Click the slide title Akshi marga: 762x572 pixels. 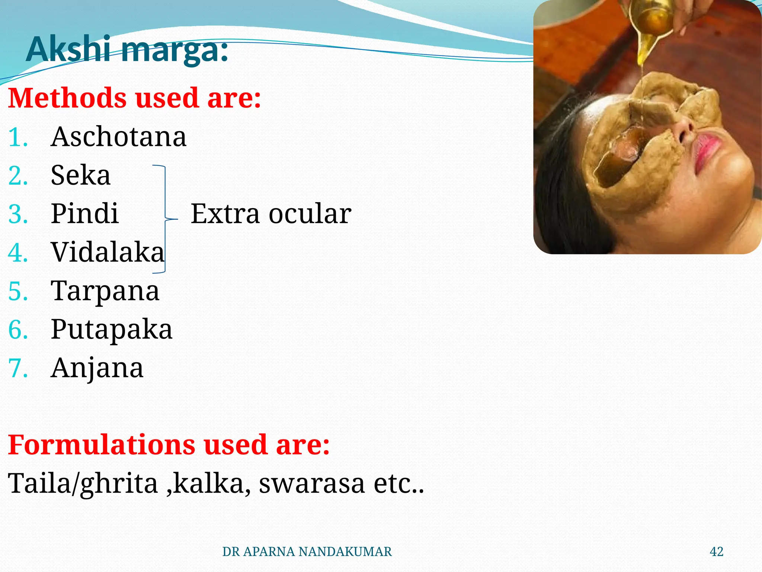coord(127,50)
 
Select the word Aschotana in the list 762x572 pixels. coord(118,137)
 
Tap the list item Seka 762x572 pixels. coord(80,175)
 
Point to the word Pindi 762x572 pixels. coord(85,214)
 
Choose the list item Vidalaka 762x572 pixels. coord(108,252)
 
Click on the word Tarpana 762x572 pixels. coord(105,291)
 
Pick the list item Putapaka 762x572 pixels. coord(111,329)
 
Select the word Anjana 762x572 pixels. coord(97,368)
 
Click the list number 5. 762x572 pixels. coord(18,291)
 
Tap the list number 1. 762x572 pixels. coord(18,137)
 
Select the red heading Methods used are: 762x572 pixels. coord(134,98)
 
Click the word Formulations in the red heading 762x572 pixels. coord(101,445)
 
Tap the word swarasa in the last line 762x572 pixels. coord(311,483)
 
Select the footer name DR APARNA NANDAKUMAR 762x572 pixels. coord(307,552)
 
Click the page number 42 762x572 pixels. coord(716,552)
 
